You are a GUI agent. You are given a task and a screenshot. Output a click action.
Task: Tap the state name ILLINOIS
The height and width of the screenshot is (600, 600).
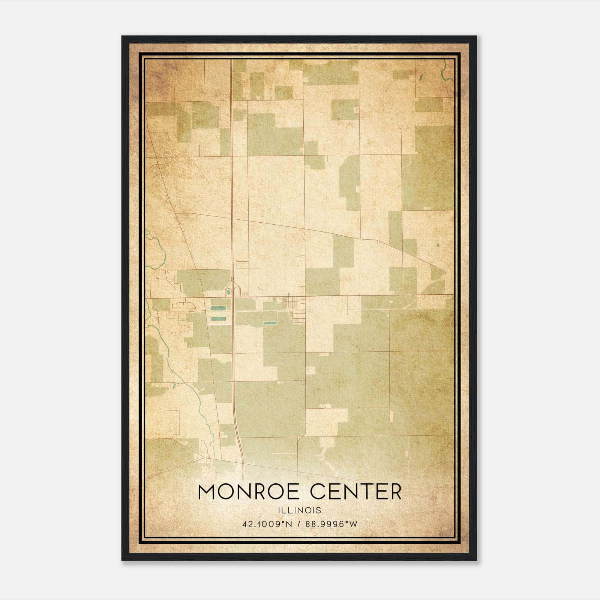tap(300, 510)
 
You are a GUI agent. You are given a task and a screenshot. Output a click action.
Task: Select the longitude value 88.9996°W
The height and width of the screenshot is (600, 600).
tap(331, 524)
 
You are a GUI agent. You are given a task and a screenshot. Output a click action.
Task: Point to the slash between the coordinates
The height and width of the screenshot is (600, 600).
tap(298, 524)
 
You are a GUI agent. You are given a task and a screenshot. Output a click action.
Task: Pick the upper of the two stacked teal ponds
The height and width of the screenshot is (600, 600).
tap(216, 308)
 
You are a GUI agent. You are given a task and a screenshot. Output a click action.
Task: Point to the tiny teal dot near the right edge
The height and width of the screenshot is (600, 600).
tap(438, 246)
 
